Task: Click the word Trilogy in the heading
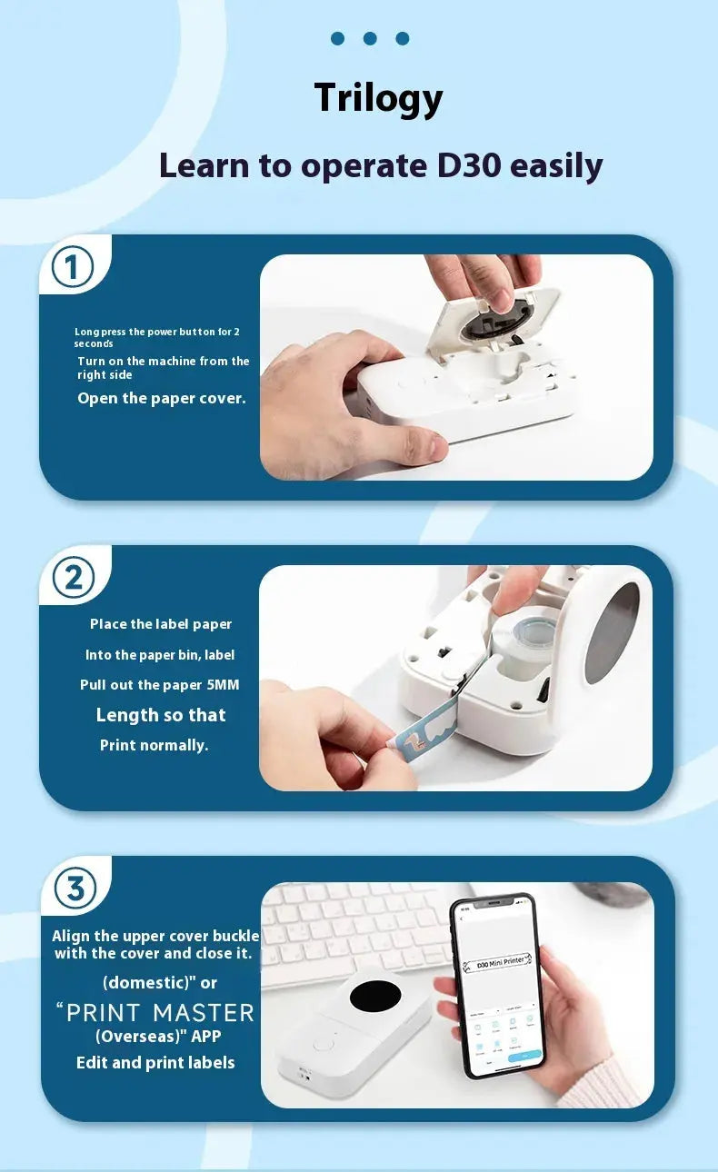pyautogui.click(x=378, y=98)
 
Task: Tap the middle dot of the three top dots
pyautogui.click(x=370, y=38)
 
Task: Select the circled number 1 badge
pyautogui.click(x=73, y=267)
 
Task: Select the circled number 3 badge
pyautogui.click(x=75, y=888)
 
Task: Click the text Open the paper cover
pyautogui.click(x=162, y=398)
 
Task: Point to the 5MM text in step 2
pyautogui.click(x=223, y=685)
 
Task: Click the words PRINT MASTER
pyautogui.click(x=160, y=1012)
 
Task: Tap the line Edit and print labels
pyautogui.click(x=155, y=1062)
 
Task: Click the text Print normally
pyautogui.click(x=155, y=745)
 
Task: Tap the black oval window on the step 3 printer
pyautogui.click(x=375, y=996)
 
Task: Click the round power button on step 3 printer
pyautogui.click(x=323, y=1044)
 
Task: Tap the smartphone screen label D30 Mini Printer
pyautogui.click(x=498, y=961)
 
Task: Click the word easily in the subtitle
pyautogui.click(x=556, y=166)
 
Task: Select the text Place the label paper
pyautogui.click(x=161, y=624)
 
